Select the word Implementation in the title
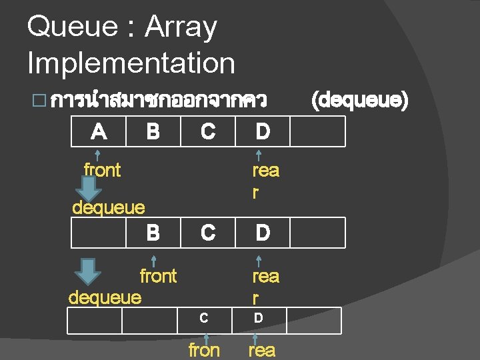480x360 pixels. pos(131,64)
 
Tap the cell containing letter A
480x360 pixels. pos(99,131)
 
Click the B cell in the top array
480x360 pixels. pos(153,131)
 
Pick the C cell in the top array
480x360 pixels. pos(208,131)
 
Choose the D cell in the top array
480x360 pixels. pos(263,131)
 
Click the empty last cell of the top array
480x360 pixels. pos(318,131)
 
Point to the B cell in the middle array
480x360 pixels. pos(153,233)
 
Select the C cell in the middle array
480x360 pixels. pos(208,233)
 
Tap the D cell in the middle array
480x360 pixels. pos(263,233)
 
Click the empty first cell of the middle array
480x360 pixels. pos(99,233)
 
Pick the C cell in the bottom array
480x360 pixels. pos(204,319)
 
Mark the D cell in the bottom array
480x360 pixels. pos(258,319)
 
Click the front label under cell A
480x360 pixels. pos(102,170)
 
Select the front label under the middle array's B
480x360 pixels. pos(158,275)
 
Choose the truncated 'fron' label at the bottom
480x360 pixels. pos(204,350)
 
